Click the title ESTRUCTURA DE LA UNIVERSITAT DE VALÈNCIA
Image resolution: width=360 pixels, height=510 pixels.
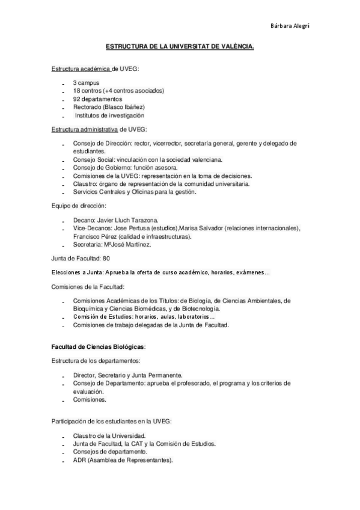tap(180, 46)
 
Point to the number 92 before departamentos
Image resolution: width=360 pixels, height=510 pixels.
tap(76, 99)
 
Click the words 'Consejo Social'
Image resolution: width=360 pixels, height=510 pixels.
tap(93, 159)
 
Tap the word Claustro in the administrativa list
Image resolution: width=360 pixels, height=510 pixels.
tap(85, 183)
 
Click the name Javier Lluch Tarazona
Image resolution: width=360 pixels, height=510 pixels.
tap(130, 220)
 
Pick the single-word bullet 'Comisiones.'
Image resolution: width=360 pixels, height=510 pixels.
tap(90, 399)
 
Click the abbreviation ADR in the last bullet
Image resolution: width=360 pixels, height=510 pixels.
tap(79, 460)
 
